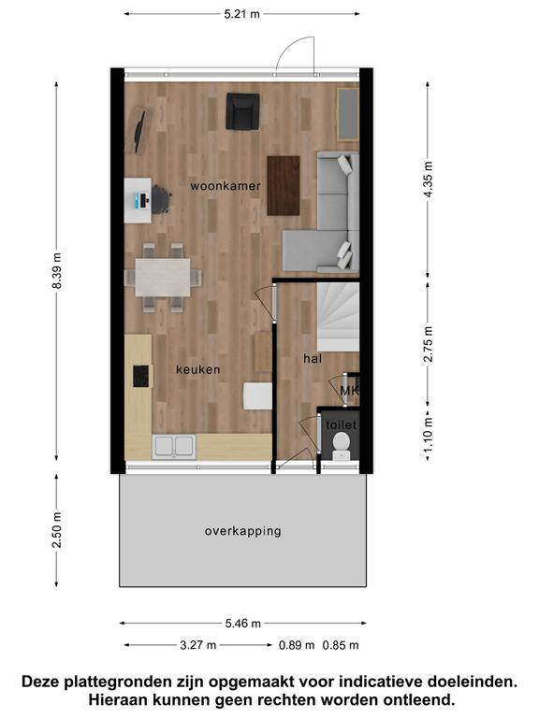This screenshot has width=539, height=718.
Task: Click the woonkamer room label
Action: [226, 186]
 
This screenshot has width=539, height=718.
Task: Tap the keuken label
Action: [198, 369]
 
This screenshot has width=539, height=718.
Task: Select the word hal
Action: [313, 359]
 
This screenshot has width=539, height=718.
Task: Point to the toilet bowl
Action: [341, 445]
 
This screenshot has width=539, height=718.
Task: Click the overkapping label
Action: [243, 531]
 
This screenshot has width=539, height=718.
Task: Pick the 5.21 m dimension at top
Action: [242, 14]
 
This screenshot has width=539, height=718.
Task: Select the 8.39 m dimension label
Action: [57, 270]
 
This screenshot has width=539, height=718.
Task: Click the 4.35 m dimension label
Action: [428, 179]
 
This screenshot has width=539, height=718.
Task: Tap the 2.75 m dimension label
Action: [428, 344]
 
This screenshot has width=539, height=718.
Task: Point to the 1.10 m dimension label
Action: [428, 433]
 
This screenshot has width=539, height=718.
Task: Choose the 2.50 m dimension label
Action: [57, 530]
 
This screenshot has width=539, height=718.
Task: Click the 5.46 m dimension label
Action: [243, 624]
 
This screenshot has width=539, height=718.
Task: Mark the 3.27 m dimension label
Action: [198, 645]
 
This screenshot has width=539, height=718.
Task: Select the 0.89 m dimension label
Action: [297, 645]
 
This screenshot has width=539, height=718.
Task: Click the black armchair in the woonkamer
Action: [243, 112]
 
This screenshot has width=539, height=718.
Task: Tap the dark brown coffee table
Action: [284, 185]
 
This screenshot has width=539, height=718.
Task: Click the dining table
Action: [163, 278]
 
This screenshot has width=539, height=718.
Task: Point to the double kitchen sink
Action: [174, 447]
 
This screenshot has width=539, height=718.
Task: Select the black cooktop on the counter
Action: [140, 377]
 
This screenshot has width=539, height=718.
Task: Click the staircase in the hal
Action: [338, 317]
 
